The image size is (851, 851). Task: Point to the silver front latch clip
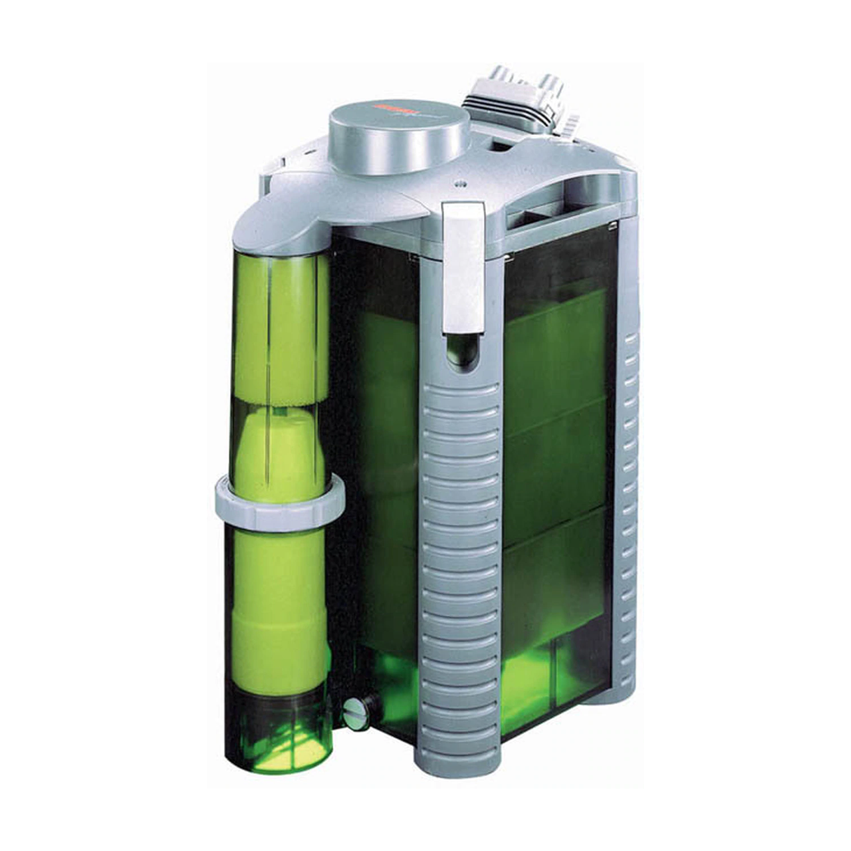(464, 266)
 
